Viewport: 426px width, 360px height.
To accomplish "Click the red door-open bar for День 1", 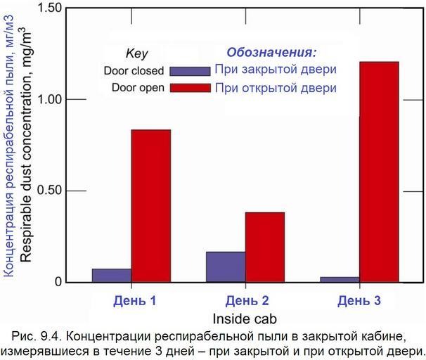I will (150, 205).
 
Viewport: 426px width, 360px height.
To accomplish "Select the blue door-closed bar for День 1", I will (111, 275).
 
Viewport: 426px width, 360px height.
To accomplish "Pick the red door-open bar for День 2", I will (264, 247).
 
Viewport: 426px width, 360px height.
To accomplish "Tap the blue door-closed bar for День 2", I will (225, 266).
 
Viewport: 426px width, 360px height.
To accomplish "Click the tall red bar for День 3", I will (378, 172).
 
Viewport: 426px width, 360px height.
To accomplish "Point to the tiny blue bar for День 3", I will (339, 279).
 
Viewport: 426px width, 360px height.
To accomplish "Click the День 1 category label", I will (134, 301).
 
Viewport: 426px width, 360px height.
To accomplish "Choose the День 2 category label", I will (247, 301).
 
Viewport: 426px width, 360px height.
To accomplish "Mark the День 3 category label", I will (359, 301).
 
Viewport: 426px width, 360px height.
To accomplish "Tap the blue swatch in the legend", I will (190, 71).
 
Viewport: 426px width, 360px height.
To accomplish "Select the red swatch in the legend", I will (190, 88).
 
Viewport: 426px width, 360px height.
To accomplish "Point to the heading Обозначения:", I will (271, 53).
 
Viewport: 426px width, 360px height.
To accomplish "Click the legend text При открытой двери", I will (276, 88).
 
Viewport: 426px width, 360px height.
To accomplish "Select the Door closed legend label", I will (134, 71).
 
